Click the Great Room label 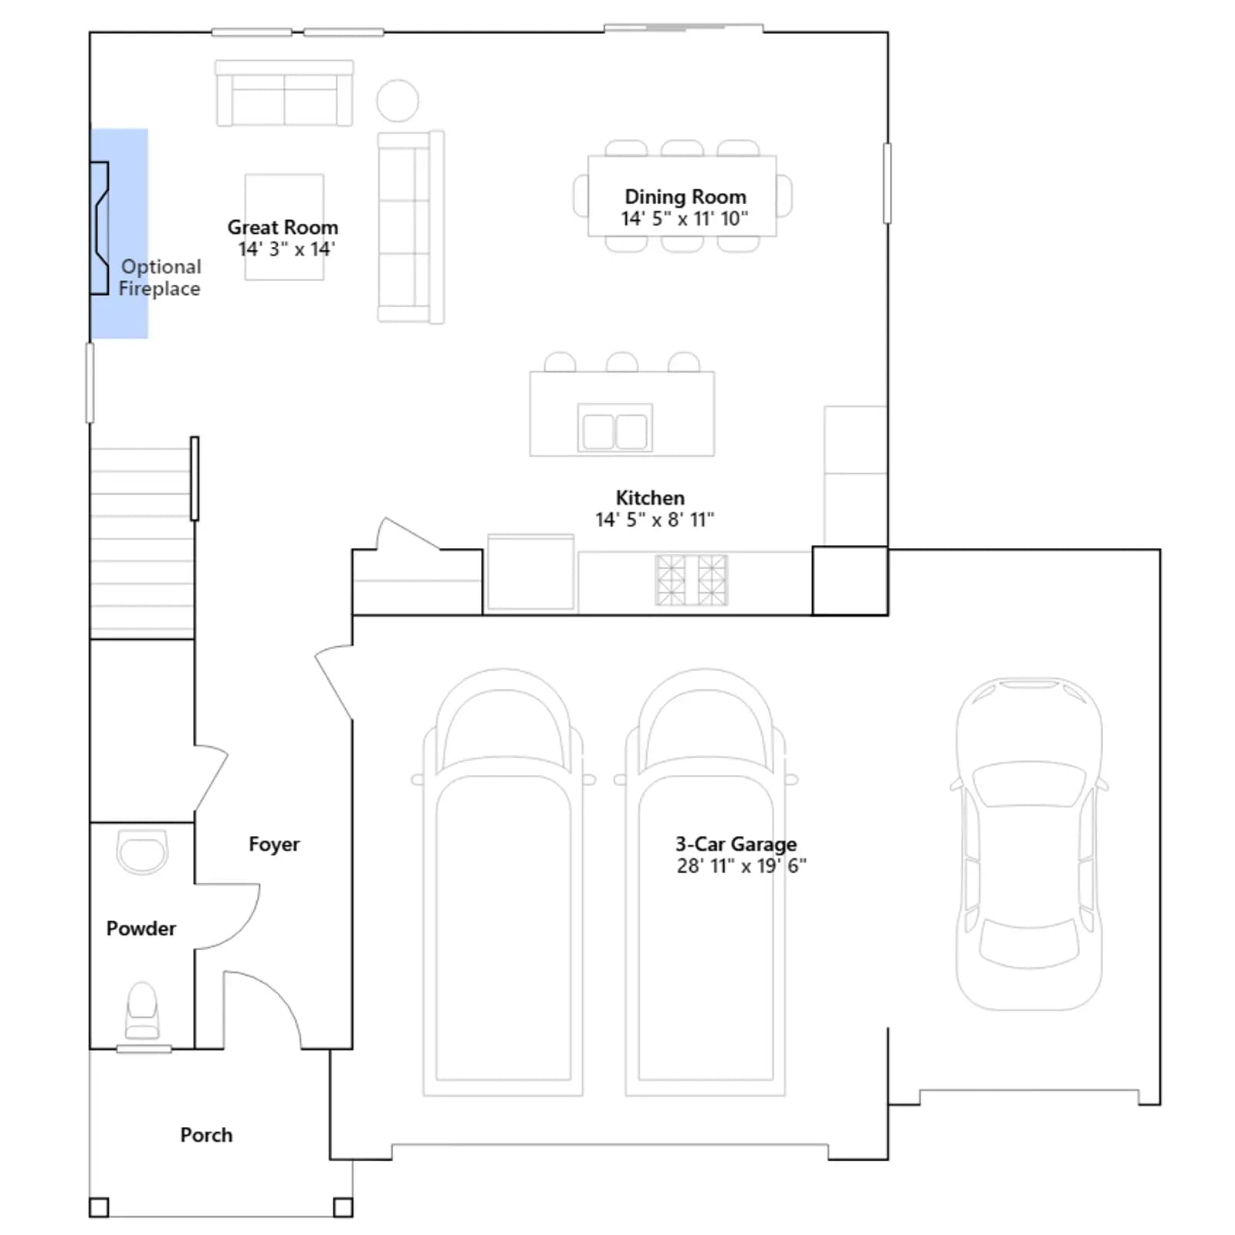point(283,227)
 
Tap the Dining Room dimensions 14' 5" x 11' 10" point(685,218)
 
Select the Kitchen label point(650,498)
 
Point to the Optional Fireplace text point(160,277)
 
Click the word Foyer point(274,844)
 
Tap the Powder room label point(141,928)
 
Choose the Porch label point(206,1135)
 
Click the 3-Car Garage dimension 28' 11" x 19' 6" point(741,866)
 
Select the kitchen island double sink point(615,428)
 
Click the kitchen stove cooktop point(691,580)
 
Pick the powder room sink point(142,852)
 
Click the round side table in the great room point(398,100)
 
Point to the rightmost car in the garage point(1029,844)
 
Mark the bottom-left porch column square point(99,1207)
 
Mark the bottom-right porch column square point(343,1207)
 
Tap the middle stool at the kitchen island point(622,361)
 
